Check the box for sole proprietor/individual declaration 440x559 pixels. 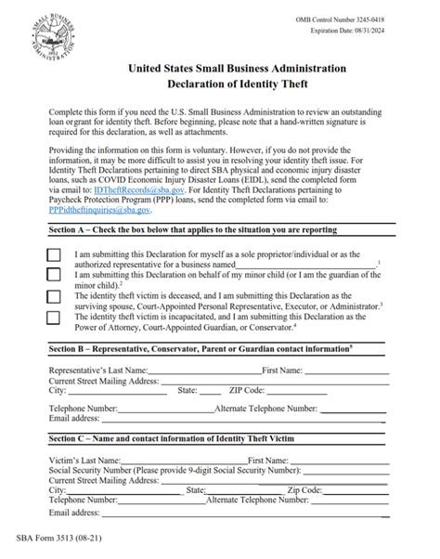[x=54, y=254]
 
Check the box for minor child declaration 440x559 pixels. [x=54, y=275]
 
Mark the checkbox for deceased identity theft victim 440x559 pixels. [x=54, y=296]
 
